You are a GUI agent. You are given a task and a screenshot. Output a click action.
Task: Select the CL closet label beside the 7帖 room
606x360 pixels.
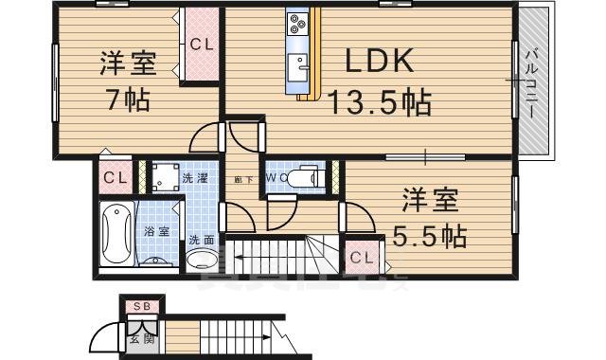[x=201, y=43]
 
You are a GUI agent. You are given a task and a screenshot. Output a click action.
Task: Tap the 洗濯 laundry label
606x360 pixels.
[x=197, y=177]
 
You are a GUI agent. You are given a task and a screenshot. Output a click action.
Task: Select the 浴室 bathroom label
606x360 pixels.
[x=157, y=230]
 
